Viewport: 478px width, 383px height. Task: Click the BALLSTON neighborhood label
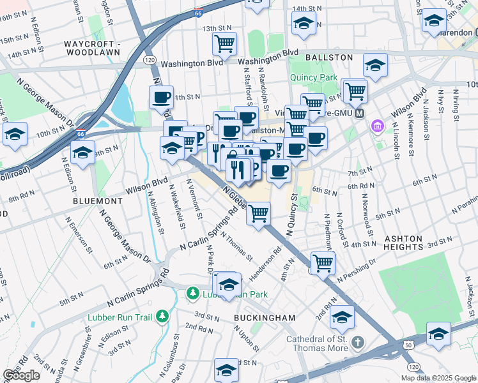pos(332,57)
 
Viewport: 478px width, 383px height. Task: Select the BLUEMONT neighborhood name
pos(97,200)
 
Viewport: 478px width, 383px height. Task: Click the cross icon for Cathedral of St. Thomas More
pos(357,343)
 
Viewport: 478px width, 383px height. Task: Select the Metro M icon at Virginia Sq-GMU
pos(359,114)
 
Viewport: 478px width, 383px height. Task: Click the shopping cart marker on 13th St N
pos(224,43)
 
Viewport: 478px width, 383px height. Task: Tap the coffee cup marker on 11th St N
pos(160,98)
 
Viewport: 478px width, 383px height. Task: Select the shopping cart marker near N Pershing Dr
pos(323,262)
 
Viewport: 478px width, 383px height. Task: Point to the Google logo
pos(21,375)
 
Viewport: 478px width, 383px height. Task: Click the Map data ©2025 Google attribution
pos(438,378)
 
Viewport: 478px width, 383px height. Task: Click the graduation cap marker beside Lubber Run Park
pos(228,285)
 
